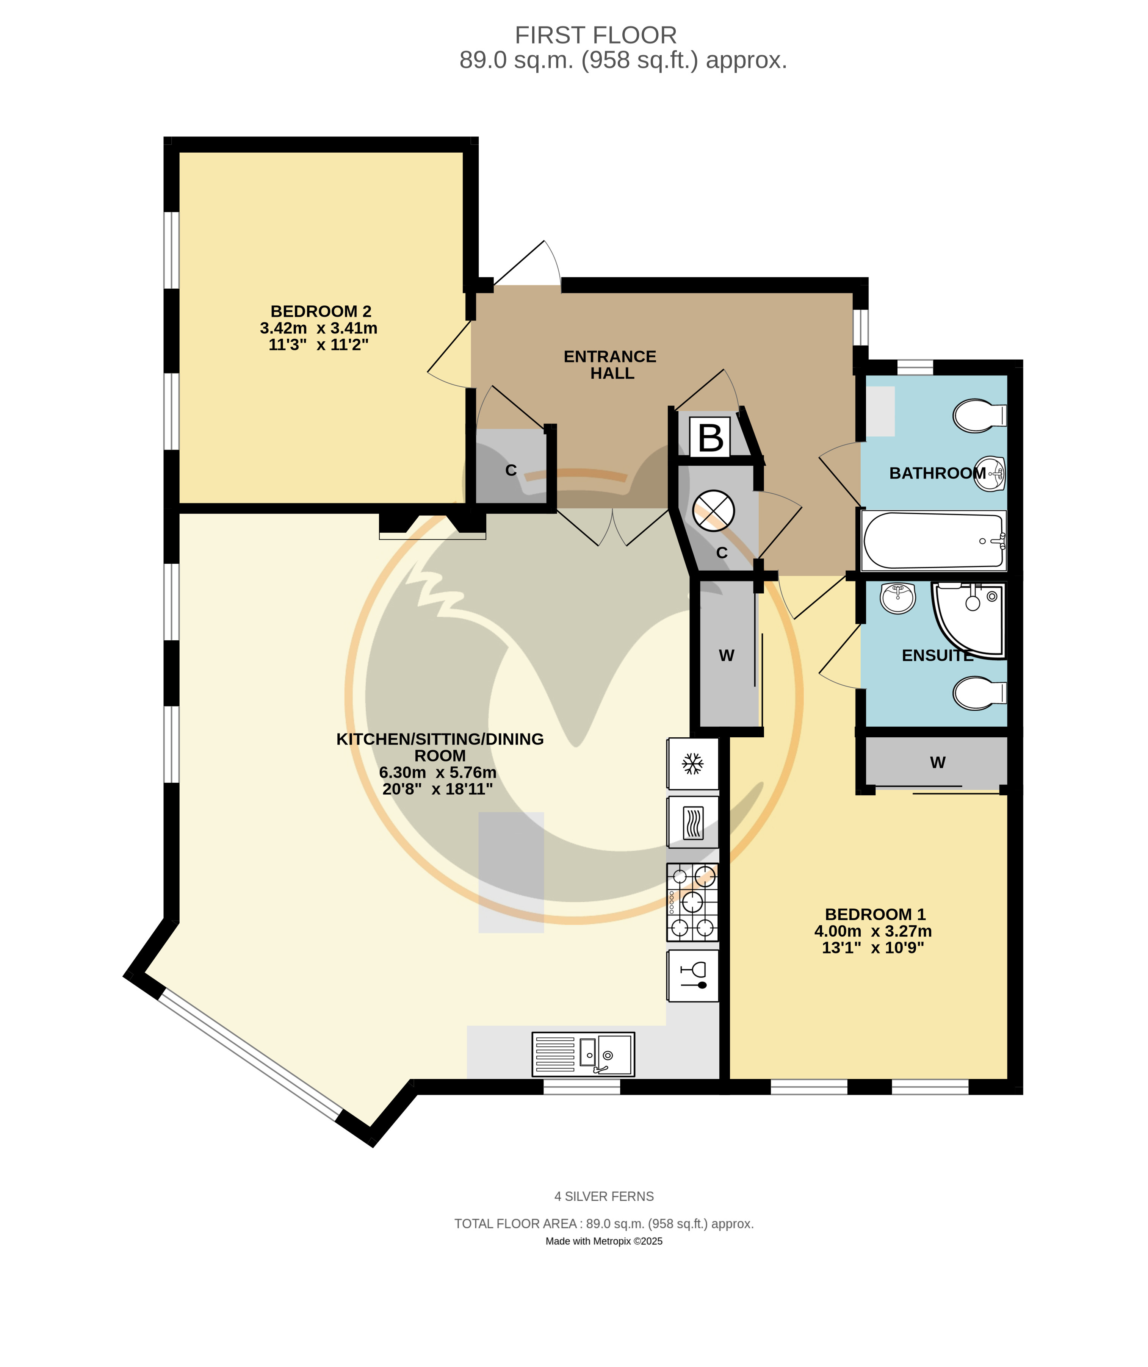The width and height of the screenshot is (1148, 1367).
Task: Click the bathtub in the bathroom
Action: tap(934, 541)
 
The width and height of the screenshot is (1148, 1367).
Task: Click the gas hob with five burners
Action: tap(692, 902)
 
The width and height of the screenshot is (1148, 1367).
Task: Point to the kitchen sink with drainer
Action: tap(583, 1054)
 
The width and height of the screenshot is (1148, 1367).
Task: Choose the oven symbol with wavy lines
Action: tap(693, 822)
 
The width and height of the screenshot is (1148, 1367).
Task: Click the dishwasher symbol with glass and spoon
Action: tap(693, 975)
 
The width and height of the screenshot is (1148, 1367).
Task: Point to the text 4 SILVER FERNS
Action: tap(604, 1197)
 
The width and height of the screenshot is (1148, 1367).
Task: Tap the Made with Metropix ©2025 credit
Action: tap(604, 1241)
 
